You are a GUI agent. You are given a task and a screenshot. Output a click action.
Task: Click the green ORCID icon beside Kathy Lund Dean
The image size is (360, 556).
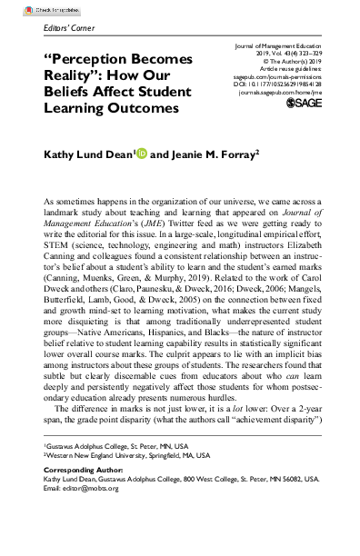140,155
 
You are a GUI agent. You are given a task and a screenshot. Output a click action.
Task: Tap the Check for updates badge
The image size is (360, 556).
33,5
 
